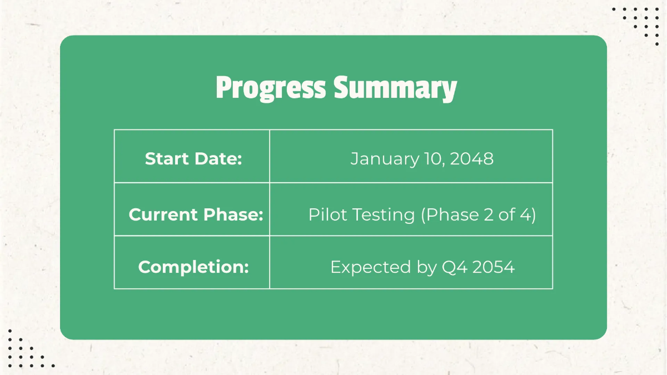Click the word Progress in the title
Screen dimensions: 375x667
click(270, 88)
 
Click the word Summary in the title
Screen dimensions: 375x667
click(395, 88)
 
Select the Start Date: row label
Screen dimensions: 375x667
click(193, 159)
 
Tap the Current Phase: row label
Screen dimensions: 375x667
click(196, 214)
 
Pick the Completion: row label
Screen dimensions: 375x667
click(193, 267)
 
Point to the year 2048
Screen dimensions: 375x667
click(471, 159)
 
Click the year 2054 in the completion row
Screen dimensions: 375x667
click(492, 267)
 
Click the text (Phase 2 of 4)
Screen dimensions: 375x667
click(478, 214)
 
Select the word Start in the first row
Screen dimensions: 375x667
click(166, 159)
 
